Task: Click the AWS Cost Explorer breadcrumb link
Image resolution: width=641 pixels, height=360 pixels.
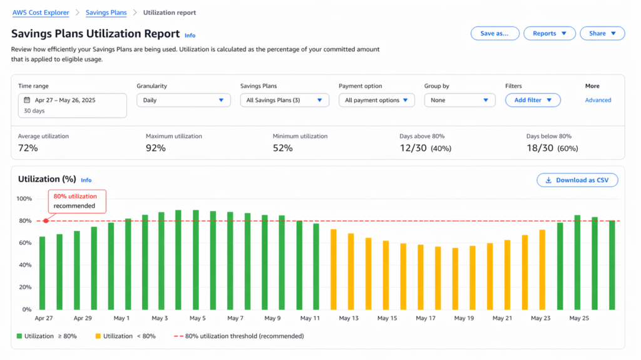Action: (x=41, y=13)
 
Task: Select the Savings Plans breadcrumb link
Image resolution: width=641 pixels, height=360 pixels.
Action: (x=106, y=13)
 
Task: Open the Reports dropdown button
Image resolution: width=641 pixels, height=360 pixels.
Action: (x=550, y=33)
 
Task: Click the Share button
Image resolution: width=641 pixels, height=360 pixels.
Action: (x=602, y=33)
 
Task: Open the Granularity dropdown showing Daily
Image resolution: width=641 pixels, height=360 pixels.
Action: (x=183, y=100)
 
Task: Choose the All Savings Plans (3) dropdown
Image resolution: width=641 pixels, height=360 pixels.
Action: (x=285, y=100)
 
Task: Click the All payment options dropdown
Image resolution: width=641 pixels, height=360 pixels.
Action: (x=376, y=100)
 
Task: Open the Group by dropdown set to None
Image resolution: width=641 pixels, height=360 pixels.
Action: (x=459, y=100)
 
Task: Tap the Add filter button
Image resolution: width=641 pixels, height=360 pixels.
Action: (x=533, y=100)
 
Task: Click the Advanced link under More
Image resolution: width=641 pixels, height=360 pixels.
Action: (x=598, y=100)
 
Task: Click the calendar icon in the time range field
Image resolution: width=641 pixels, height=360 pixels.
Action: (x=27, y=100)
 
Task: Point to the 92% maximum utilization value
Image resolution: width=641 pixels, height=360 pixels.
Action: (x=156, y=148)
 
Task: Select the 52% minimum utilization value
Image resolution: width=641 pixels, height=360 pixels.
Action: (x=283, y=148)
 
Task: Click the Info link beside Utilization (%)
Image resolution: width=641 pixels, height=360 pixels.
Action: (x=86, y=180)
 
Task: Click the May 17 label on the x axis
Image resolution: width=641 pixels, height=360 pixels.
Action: (x=426, y=319)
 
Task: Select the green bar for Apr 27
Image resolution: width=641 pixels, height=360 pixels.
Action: (x=42, y=272)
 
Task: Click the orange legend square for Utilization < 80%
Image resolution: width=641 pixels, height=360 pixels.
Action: (x=98, y=336)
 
